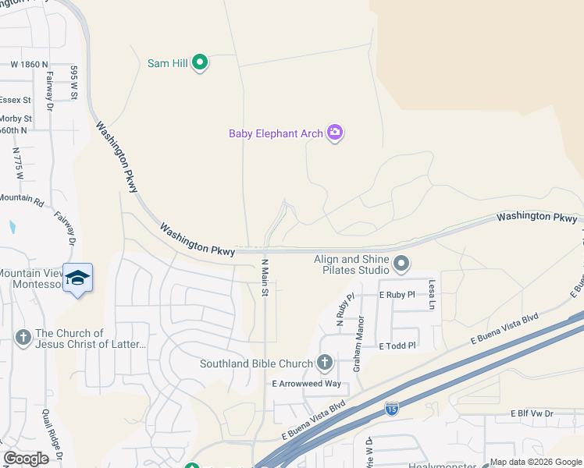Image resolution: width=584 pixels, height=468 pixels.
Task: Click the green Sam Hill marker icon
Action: coord(199,62)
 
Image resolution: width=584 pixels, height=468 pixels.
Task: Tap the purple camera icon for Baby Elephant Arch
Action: coord(335,133)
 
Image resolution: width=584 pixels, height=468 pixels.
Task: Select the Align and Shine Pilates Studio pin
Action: coord(401,264)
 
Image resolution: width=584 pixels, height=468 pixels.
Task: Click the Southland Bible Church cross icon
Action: coord(325,363)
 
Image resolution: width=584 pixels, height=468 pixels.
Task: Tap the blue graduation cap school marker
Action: coord(77,278)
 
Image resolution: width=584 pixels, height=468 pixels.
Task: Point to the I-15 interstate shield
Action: coord(392,408)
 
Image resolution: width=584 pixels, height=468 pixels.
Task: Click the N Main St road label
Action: coord(265,278)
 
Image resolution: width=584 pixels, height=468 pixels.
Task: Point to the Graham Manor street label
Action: coord(358,342)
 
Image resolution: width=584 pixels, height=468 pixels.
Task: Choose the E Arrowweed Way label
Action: coord(306,384)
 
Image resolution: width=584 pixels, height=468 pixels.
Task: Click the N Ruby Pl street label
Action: coord(340,309)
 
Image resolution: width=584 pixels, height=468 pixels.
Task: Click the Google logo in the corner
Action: coord(26,459)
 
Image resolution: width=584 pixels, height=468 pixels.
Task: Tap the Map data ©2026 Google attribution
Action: coord(535,462)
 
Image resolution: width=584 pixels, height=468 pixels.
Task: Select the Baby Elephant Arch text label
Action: coord(276,133)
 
